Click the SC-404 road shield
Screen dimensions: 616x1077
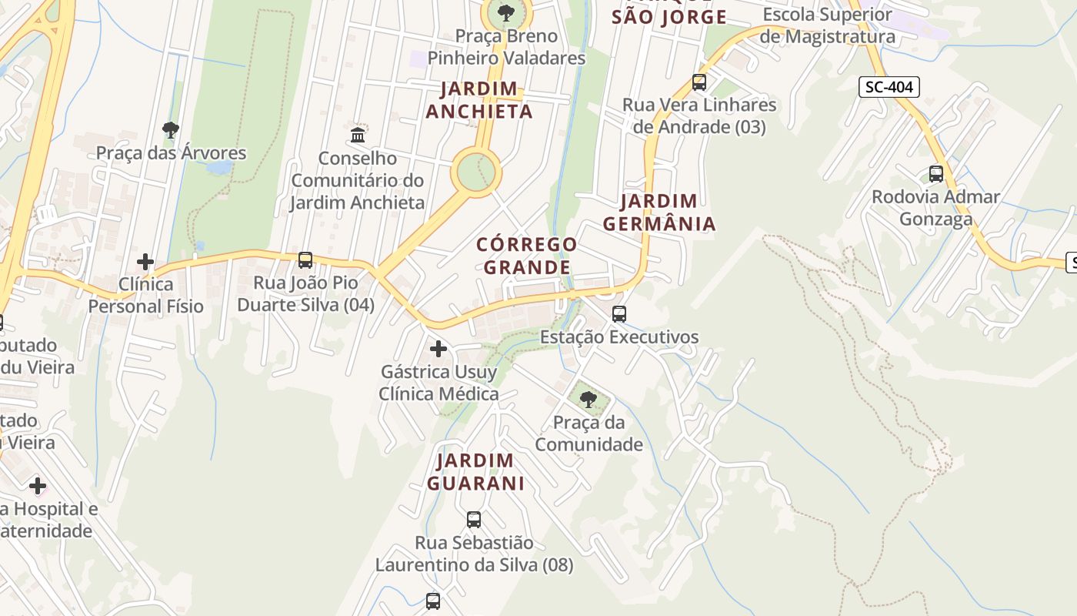tap(889, 87)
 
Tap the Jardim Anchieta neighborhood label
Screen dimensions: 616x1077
tap(479, 100)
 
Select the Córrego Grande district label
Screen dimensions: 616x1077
tap(527, 256)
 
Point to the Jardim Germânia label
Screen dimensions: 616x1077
tap(659, 213)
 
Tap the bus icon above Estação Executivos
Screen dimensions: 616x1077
tap(619, 314)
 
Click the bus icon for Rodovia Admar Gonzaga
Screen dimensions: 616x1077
tap(936, 174)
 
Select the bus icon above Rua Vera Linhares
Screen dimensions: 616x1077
tap(699, 82)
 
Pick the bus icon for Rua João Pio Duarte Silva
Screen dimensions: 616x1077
tap(305, 260)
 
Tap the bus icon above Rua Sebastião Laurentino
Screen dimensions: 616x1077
tap(474, 520)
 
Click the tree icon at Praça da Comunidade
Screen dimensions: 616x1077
tap(589, 400)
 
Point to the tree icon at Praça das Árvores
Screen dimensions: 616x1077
tap(171, 129)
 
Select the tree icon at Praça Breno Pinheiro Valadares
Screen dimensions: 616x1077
tap(506, 12)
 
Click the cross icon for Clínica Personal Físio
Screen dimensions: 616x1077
tap(145, 262)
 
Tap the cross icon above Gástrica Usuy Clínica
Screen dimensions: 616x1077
tap(438, 350)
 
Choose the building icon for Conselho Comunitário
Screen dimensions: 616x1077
tap(358, 136)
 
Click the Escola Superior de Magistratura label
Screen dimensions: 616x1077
tap(827, 25)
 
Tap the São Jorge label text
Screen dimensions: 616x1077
tap(669, 17)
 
